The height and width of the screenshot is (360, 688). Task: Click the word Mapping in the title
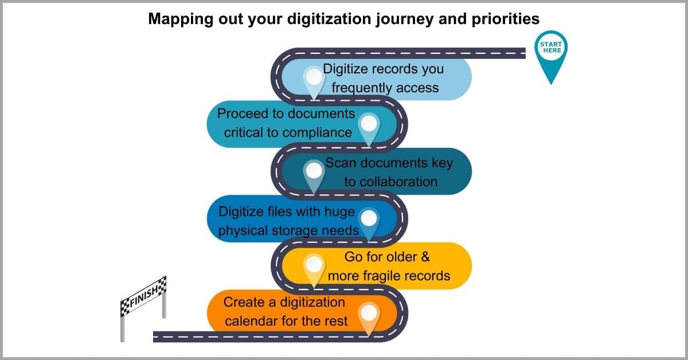click(x=181, y=19)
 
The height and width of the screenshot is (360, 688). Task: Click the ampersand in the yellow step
click(x=425, y=257)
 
